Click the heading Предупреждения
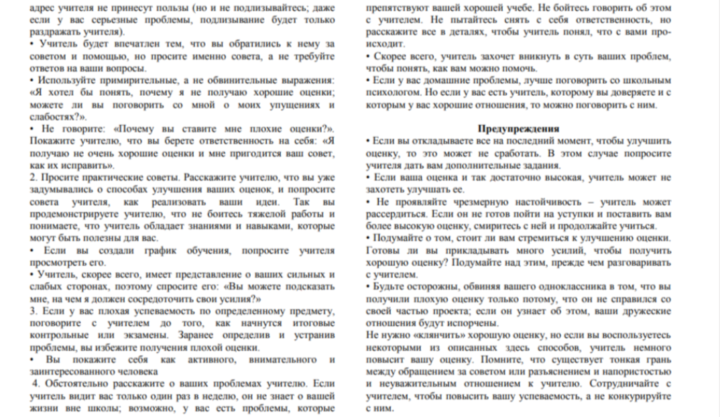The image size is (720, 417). coord(518,128)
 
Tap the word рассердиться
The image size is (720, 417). coord(394,213)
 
